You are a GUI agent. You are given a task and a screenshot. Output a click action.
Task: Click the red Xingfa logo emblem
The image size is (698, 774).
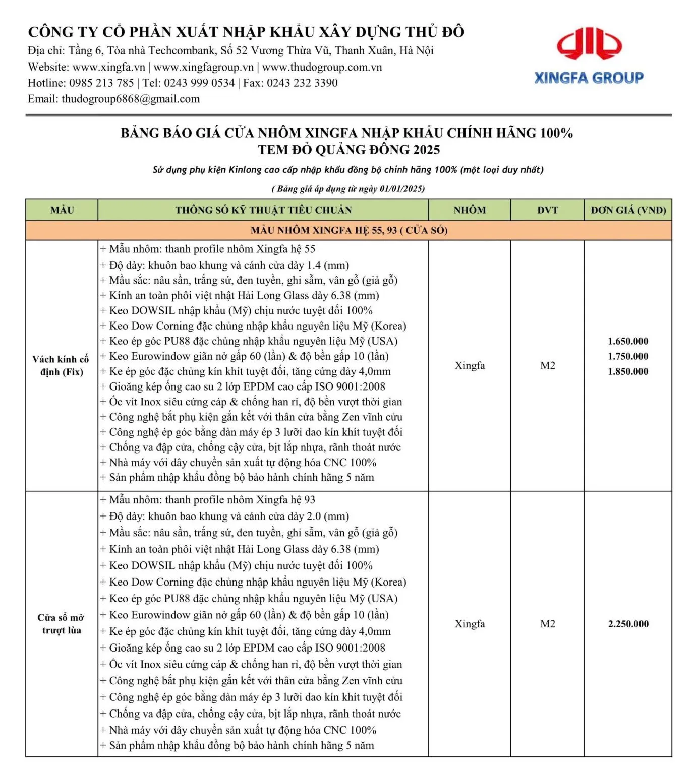pyautogui.click(x=589, y=44)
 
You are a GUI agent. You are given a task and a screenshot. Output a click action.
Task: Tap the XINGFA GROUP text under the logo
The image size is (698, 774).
pyautogui.click(x=589, y=78)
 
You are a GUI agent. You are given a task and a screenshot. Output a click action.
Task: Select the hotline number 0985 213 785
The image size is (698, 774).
pyautogui.click(x=101, y=83)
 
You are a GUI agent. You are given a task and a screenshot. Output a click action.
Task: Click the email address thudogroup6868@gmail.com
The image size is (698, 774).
pyautogui.click(x=131, y=99)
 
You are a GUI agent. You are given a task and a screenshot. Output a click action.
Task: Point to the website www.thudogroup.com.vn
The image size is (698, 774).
pyautogui.click(x=322, y=67)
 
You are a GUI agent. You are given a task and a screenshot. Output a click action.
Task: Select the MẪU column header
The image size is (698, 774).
pyautogui.click(x=62, y=210)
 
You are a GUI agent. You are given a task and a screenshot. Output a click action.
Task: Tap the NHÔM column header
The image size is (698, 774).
pyautogui.click(x=470, y=210)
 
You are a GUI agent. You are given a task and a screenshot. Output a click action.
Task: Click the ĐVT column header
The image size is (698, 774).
pyautogui.click(x=548, y=210)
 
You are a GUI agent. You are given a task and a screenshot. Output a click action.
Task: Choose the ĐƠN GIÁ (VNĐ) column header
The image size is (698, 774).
pyautogui.click(x=628, y=210)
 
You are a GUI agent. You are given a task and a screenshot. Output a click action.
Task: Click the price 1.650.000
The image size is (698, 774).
pyautogui.click(x=628, y=341)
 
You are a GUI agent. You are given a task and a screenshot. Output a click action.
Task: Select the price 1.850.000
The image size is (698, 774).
pyautogui.click(x=628, y=372)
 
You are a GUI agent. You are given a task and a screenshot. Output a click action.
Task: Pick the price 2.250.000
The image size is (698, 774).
pyautogui.click(x=628, y=624)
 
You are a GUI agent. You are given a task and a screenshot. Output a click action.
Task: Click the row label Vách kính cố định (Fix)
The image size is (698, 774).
pyautogui.click(x=62, y=365)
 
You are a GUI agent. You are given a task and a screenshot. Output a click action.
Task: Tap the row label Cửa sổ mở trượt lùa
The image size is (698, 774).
pyautogui.click(x=62, y=624)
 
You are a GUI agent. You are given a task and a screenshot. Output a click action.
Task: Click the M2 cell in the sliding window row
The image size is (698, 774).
pyautogui.click(x=548, y=624)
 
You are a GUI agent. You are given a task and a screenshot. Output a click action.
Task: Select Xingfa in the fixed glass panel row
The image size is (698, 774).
pyautogui.click(x=470, y=366)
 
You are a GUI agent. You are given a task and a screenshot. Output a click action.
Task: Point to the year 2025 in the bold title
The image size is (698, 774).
pyautogui.click(x=426, y=150)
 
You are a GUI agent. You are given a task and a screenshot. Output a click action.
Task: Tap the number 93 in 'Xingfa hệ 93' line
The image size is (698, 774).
pyautogui.click(x=309, y=500)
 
